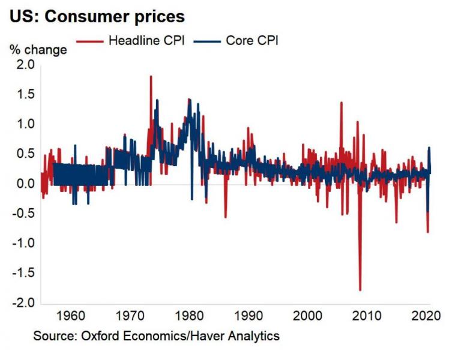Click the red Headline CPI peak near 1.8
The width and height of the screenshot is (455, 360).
[151, 76]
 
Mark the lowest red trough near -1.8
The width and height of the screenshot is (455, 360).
[360, 290]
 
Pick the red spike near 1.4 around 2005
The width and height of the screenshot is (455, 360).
[342, 103]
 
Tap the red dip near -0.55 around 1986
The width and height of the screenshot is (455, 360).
[226, 217]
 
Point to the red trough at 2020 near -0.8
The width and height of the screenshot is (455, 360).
[428, 232]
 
